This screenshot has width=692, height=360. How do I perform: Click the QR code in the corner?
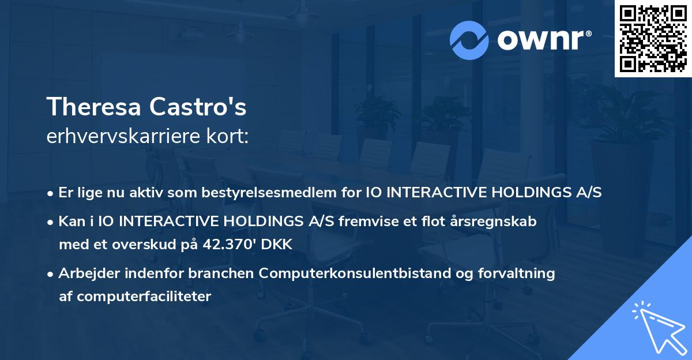(x=653, y=38)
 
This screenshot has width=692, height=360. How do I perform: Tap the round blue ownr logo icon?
(x=469, y=40)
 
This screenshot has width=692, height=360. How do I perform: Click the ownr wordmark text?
(x=544, y=40)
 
